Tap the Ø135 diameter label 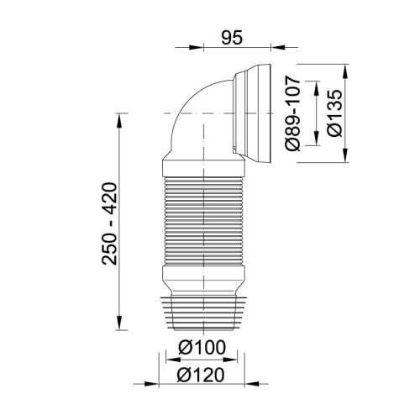(334, 113)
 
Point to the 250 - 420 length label (107, 227)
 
